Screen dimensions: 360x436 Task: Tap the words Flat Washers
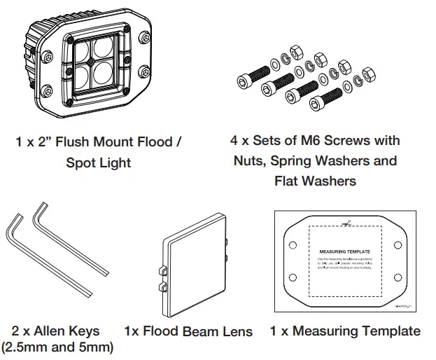[315, 181]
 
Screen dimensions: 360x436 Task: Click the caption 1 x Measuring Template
[345, 331]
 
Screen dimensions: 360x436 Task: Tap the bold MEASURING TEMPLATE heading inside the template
[344, 250]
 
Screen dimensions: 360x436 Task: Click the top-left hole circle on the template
[292, 245]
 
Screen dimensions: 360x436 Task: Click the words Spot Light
[99, 162]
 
